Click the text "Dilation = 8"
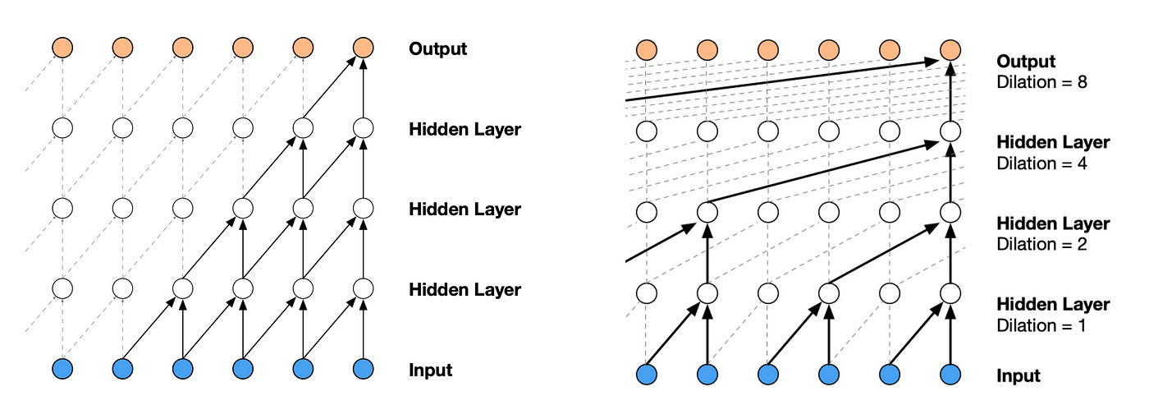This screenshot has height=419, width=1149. (1041, 82)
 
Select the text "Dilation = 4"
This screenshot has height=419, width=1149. (1041, 163)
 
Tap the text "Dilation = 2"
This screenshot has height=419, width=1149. (1041, 244)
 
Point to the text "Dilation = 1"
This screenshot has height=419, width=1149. (1041, 325)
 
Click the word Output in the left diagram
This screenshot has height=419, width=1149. (437, 48)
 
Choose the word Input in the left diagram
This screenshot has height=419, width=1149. (430, 370)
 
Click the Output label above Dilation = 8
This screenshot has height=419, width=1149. (1026, 62)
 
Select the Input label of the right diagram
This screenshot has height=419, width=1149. (1019, 376)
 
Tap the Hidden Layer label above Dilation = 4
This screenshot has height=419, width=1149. (1052, 143)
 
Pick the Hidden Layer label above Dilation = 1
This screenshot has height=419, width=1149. (1052, 305)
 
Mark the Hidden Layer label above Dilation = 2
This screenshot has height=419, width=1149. (1052, 223)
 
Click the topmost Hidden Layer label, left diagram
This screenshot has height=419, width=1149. (465, 129)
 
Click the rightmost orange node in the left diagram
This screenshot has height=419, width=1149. (363, 48)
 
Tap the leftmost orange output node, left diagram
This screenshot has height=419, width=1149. (62, 48)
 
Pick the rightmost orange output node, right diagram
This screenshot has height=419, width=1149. (950, 51)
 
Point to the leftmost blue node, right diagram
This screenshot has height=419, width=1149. (648, 375)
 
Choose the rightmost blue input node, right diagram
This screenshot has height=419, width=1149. (950, 375)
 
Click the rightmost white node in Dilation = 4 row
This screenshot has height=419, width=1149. (950, 131)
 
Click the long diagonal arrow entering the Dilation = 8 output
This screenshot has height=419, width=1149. (780, 81)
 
